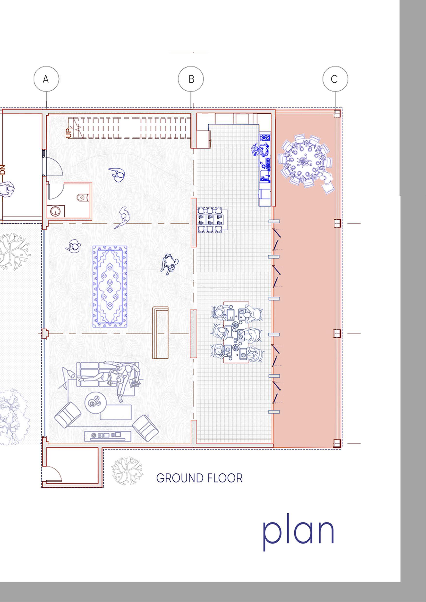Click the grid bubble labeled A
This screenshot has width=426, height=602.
[46, 79]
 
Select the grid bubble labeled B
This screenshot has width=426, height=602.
[191, 79]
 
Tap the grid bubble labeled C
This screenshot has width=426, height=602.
[335, 79]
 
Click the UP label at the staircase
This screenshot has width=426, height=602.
[69, 133]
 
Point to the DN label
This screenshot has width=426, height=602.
[3, 170]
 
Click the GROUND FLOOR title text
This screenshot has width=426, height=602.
[199, 478]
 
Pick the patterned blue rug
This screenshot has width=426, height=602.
[110, 286]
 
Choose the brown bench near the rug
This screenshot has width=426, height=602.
[160, 333]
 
